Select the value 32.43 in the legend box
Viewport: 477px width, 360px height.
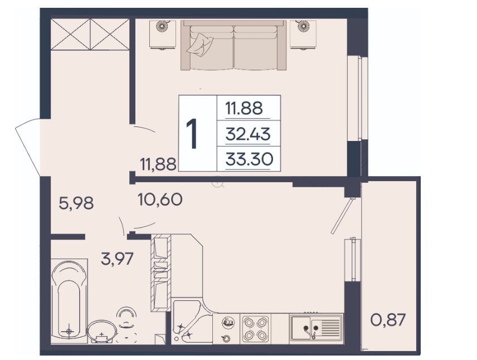[x=248, y=134]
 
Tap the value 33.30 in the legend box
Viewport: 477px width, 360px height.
[x=249, y=159]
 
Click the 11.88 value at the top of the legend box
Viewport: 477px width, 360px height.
[x=244, y=108]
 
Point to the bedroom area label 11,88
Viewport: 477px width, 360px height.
[x=158, y=164]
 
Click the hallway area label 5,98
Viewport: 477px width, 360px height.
[x=76, y=203]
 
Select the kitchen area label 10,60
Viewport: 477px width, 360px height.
[x=160, y=200]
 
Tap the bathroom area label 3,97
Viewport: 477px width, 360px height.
[x=117, y=259]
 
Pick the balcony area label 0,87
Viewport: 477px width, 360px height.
[x=388, y=320]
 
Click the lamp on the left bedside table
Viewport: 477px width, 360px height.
[x=163, y=26]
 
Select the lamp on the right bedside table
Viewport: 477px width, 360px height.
[x=303, y=26]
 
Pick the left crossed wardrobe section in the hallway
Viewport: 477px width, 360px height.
[x=71, y=35]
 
